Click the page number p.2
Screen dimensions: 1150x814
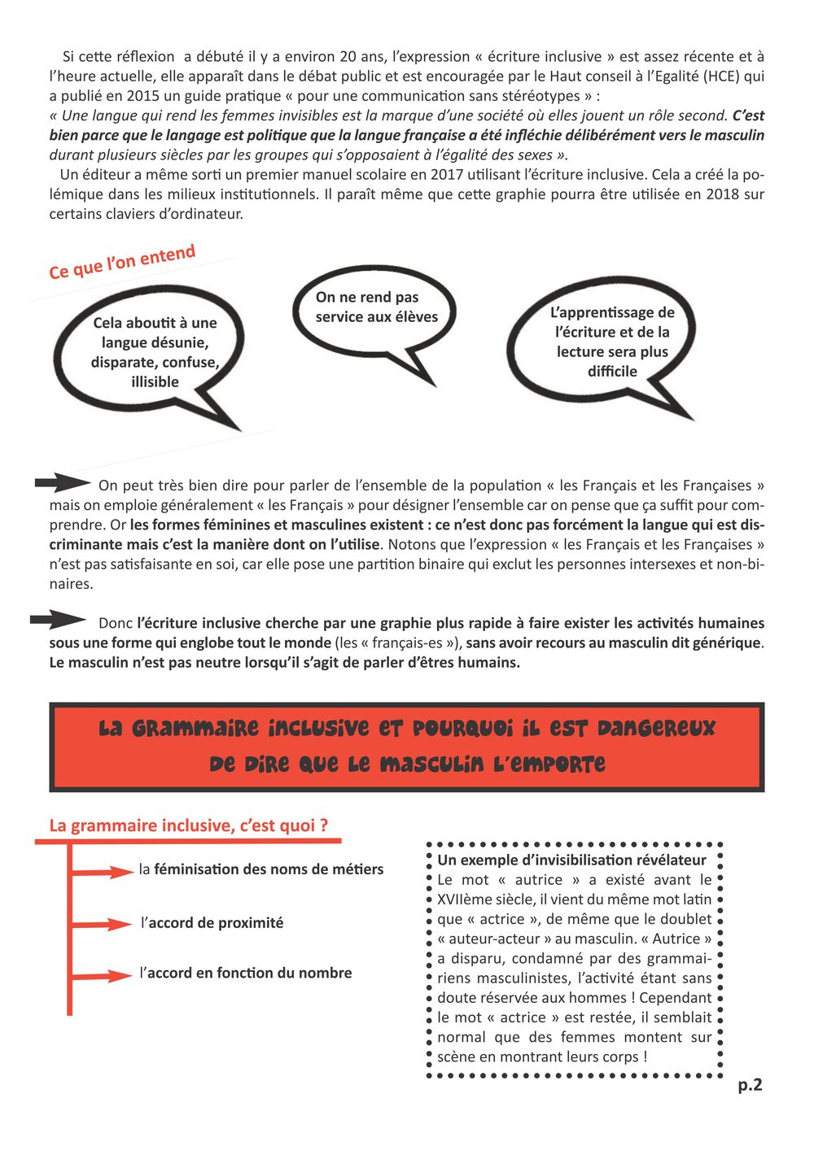tap(750, 1085)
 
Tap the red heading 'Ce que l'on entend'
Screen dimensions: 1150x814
tap(122, 262)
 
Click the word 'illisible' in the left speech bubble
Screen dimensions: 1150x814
tap(155, 382)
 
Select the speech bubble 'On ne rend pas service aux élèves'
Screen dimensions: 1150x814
tap(375, 308)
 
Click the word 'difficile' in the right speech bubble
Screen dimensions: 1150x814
tap(612, 372)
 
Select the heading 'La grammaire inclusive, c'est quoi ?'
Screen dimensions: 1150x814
tap(189, 825)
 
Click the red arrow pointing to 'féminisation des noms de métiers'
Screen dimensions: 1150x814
tap(104, 872)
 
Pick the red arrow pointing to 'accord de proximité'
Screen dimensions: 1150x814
tap(103, 924)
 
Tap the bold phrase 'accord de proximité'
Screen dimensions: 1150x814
tap(216, 923)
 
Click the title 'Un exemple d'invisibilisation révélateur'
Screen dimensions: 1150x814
tap(571, 860)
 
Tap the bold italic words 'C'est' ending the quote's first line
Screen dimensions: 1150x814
tap(747, 115)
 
